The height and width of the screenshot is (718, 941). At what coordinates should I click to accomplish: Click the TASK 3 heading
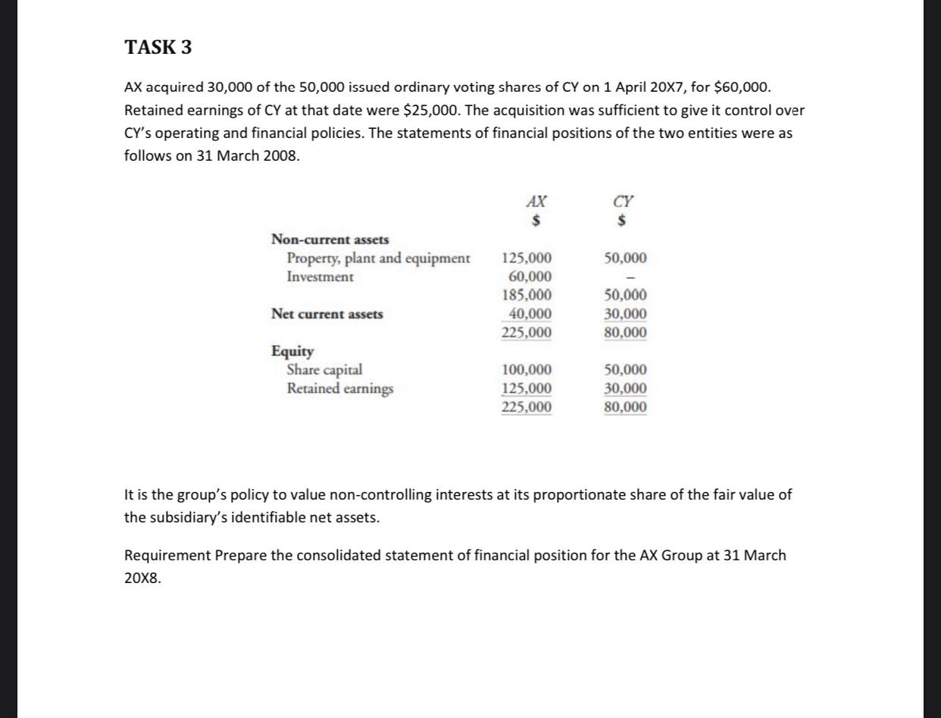point(158,48)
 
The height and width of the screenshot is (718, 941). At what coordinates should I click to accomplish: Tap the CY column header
point(623,202)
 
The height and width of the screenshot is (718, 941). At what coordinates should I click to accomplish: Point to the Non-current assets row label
point(330,240)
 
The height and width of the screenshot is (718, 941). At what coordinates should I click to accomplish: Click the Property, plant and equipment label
point(378,258)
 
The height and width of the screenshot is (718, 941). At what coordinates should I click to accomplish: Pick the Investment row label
point(320,277)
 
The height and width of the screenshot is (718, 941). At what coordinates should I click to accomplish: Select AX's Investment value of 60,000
point(527,277)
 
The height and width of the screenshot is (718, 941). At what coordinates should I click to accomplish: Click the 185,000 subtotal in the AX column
point(527,296)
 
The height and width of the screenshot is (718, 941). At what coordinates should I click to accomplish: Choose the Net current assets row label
point(327,314)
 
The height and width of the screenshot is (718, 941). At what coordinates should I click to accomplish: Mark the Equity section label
point(292,351)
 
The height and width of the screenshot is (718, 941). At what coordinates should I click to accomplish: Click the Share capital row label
point(324,370)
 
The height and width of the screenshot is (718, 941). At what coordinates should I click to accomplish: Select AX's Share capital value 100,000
point(527,370)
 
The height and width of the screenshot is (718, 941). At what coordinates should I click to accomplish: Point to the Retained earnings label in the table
point(340,389)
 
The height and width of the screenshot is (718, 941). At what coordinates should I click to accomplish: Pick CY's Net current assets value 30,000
point(626,314)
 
